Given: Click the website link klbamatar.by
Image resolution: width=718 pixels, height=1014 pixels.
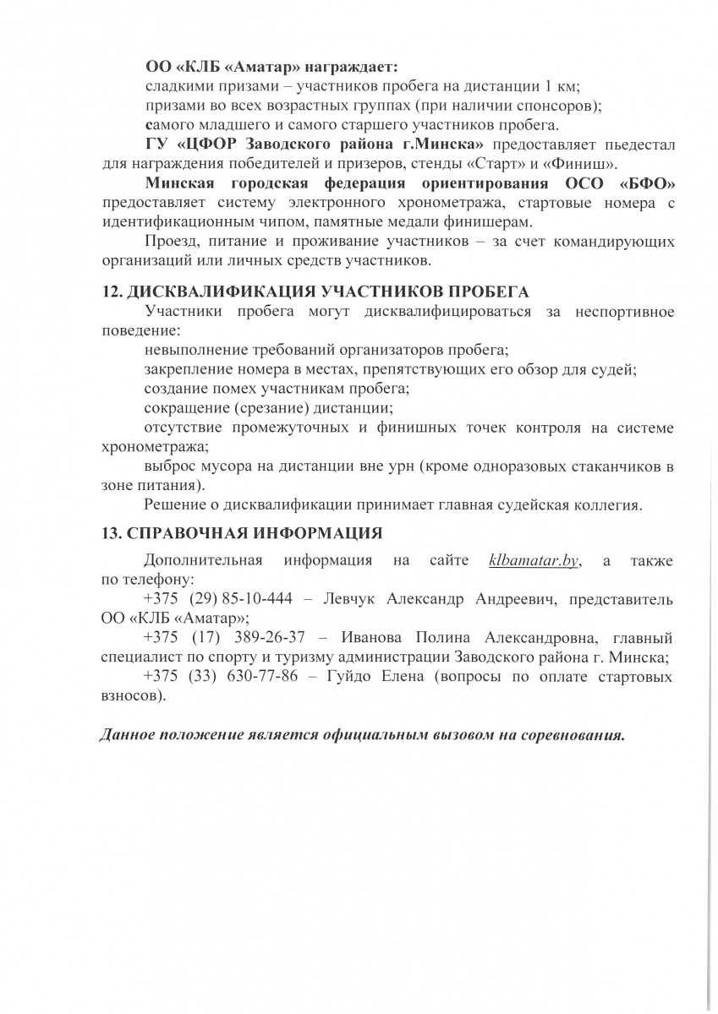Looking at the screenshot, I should pos(534,561).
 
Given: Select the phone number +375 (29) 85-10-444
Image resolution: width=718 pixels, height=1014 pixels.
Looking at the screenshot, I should pos(218,599).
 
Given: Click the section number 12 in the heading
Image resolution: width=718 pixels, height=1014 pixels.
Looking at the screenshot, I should pos(111,292).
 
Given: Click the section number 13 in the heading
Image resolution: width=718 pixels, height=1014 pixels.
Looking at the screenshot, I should pos(111,533).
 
